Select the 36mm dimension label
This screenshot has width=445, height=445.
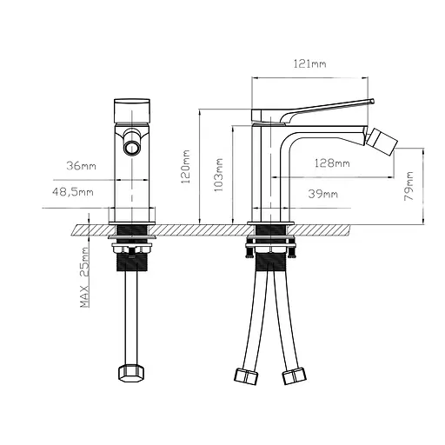click(82, 165)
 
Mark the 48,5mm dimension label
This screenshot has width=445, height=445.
click(73, 191)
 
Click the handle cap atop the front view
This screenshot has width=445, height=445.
click(133, 109)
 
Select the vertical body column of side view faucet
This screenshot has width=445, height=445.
click(272, 174)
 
